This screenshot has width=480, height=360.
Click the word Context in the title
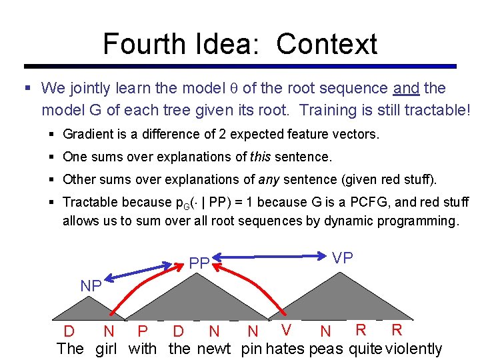tap(327, 44)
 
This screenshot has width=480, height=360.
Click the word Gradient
tap(87, 134)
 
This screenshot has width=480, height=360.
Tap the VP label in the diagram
tap(343, 258)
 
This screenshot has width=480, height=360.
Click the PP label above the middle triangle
tap(199, 263)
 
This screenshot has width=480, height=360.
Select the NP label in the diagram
tap(91, 286)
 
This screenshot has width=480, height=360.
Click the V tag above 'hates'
tap(287, 329)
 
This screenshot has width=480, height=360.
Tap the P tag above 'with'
tap(141, 331)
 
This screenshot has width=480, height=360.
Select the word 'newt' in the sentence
tap(214, 348)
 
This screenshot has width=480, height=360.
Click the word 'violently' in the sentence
tap(414, 348)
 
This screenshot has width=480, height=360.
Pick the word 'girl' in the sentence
tap(106, 348)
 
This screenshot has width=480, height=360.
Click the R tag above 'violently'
tap(397, 329)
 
